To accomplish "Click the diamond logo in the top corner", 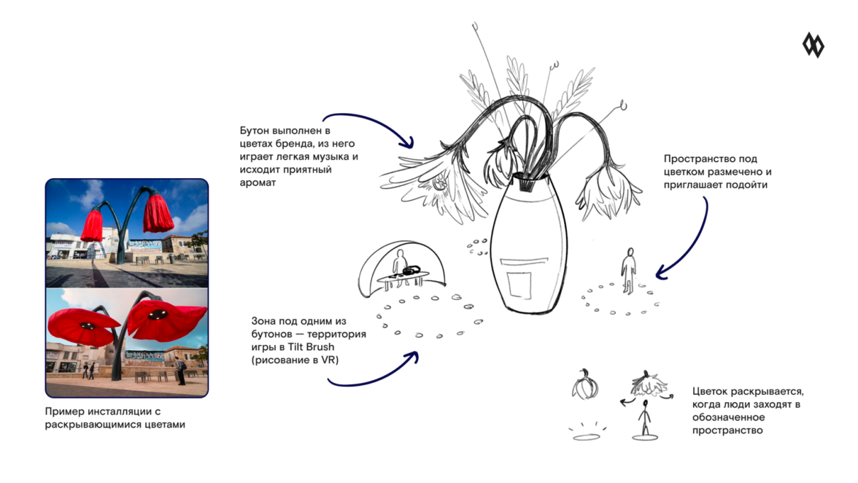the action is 813,45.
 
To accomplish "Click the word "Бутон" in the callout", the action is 255,131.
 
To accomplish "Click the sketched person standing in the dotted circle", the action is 629,271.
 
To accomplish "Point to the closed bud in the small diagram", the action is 585,385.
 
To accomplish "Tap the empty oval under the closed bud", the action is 587,436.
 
